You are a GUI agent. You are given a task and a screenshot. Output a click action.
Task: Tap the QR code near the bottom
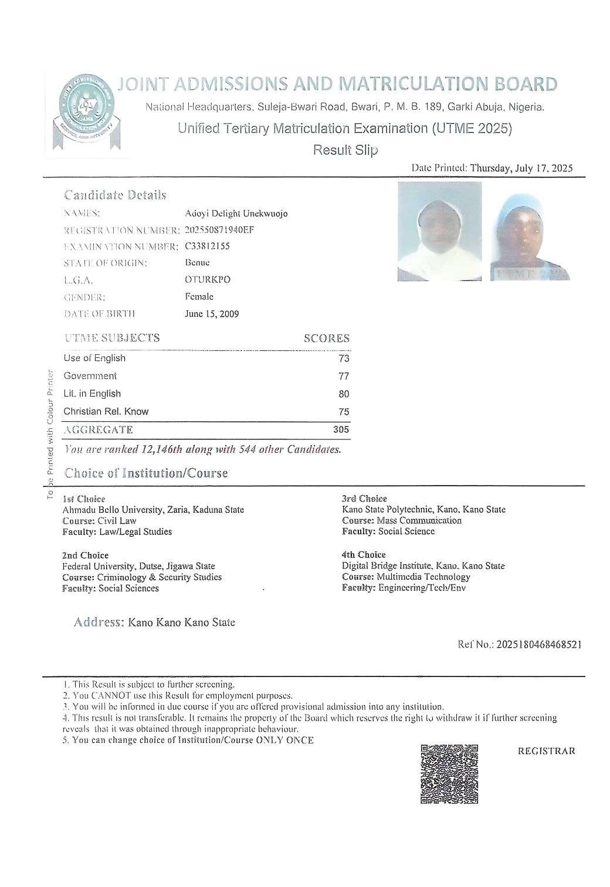(449, 773)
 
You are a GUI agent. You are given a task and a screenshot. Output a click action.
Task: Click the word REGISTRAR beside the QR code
(546, 751)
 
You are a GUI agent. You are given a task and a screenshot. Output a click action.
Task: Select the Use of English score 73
(344, 358)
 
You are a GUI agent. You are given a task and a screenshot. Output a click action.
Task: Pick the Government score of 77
(344, 376)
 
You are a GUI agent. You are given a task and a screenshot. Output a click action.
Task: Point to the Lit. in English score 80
(344, 394)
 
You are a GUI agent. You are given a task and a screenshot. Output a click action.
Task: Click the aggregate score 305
(341, 429)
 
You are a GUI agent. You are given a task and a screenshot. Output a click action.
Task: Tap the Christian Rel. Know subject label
(106, 411)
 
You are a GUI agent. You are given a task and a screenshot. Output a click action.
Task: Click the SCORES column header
(326, 338)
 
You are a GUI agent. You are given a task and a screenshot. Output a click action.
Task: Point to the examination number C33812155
(207, 246)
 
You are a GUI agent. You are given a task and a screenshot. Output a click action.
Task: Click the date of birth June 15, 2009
(212, 314)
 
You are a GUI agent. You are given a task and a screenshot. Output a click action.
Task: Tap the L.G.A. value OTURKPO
(207, 279)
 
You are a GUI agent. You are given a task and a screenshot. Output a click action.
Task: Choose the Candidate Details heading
(115, 195)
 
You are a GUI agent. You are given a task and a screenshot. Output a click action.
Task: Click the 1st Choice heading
(83, 499)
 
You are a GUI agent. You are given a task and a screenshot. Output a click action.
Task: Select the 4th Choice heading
(364, 554)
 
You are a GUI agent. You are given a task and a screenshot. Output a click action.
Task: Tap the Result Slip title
(345, 150)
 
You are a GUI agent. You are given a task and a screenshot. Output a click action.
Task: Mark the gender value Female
(199, 297)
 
